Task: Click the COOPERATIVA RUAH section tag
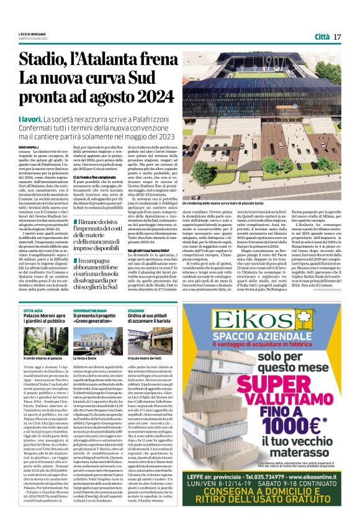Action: coord(92,309)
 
